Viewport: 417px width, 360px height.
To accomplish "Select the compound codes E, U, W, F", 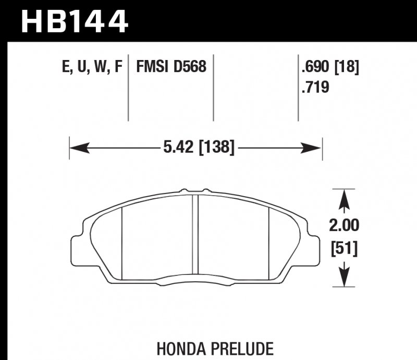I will (x=92, y=67).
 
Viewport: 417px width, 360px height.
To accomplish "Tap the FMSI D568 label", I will (x=171, y=67).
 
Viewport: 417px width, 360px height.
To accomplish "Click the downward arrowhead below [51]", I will (x=344, y=276).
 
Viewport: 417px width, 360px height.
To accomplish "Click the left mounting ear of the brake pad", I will (x=77, y=245).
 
